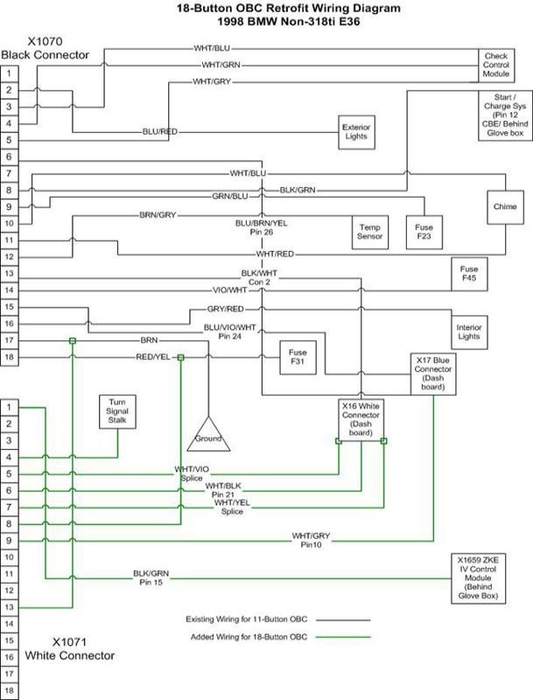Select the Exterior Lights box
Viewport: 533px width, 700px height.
[x=356, y=131]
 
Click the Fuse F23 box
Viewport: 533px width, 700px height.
[x=424, y=231]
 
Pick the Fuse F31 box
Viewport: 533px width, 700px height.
[x=297, y=357]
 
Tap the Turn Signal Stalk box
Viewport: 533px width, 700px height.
[x=117, y=410]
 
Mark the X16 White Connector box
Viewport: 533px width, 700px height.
[x=361, y=420]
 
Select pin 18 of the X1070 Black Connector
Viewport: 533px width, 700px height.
[x=9, y=357]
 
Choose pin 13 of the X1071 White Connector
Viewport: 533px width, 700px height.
[x=9, y=606]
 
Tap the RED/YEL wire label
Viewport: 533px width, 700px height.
[x=153, y=357]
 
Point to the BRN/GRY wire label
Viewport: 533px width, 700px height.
[x=158, y=214]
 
